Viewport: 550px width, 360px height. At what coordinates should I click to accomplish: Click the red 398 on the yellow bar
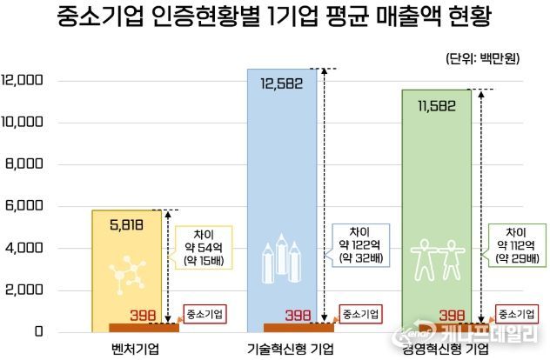[142, 315]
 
